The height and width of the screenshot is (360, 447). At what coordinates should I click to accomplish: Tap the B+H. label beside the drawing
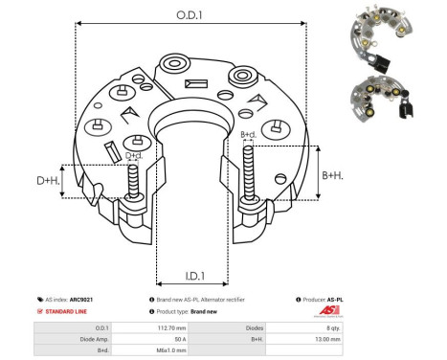click(x=333, y=175)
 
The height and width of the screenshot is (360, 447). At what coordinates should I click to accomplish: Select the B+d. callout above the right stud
click(x=248, y=134)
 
